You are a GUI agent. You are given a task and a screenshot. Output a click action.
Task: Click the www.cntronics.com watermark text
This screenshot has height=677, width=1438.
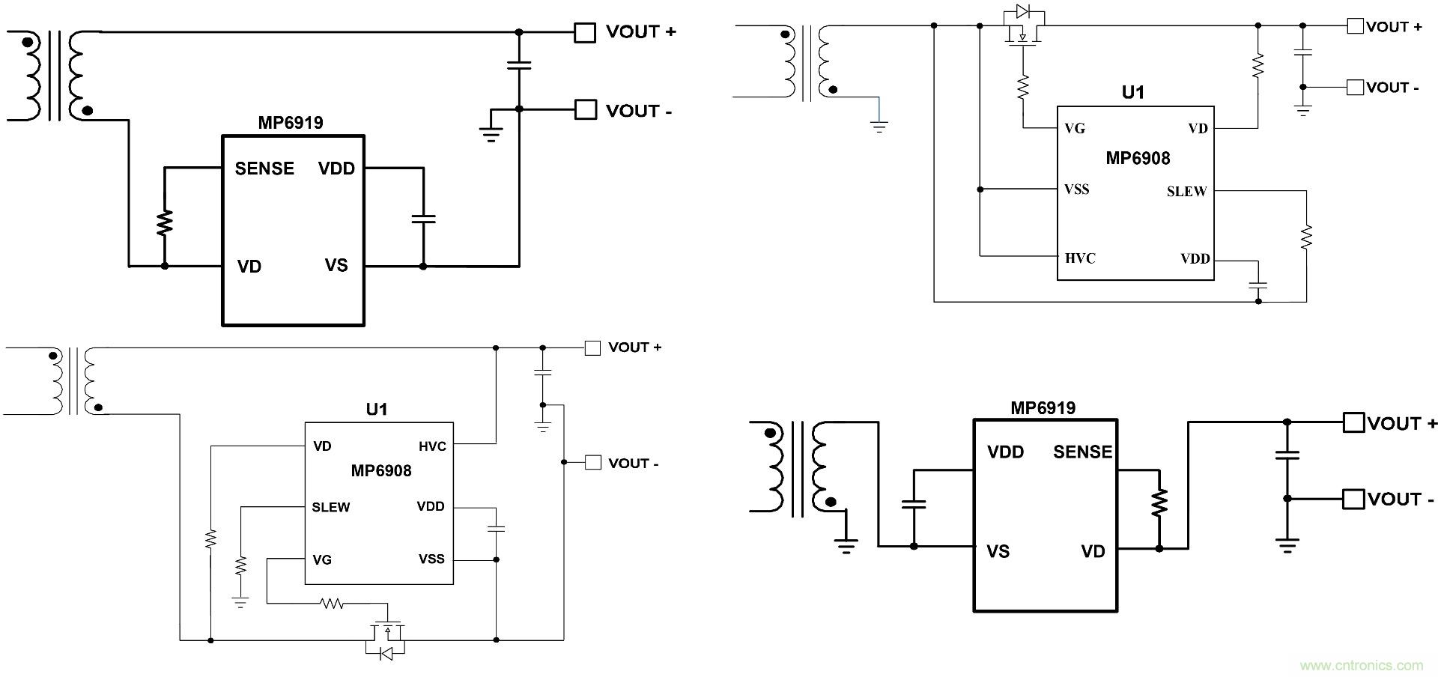tap(1361, 665)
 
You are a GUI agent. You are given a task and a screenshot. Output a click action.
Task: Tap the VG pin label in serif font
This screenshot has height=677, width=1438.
tap(1075, 129)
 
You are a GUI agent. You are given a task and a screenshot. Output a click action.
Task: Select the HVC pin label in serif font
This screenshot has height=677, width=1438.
tap(1080, 258)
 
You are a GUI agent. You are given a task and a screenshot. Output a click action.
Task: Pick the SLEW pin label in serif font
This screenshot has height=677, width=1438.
tap(1186, 192)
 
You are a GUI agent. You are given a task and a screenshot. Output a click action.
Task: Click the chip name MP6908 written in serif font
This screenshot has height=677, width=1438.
tap(1137, 158)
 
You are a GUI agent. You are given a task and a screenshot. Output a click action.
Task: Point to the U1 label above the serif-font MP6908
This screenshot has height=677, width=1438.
tap(1132, 93)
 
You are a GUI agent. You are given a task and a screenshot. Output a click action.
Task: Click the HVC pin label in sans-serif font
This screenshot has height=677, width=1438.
tap(432, 446)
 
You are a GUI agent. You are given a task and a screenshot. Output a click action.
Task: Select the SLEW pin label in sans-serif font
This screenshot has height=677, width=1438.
tap(330, 507)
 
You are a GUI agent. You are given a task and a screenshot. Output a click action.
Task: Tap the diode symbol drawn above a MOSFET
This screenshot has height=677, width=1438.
tap(1022, 12)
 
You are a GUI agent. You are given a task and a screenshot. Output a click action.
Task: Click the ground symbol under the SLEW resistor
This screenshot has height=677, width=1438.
tap(240, 601)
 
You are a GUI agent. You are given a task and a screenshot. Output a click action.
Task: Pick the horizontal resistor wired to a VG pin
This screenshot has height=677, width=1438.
tap(330, 602)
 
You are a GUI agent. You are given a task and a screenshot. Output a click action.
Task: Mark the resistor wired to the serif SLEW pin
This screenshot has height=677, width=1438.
tap(1306, 237)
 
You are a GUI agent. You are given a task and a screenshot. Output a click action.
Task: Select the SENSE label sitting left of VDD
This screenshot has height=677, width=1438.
tap(264, 169)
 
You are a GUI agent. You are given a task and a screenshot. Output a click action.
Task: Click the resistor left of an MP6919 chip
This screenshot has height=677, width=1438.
tap(165, 222)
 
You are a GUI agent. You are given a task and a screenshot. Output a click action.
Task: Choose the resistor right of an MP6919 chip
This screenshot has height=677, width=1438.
tap(1159, 503)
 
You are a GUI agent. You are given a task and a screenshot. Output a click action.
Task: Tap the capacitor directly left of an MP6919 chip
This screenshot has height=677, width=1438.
tap(914, 503)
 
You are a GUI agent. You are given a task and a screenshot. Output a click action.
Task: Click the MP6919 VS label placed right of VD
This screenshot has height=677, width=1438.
tap(336, 265)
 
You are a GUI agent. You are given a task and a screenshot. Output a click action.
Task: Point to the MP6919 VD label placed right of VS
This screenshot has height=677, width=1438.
tap(1093, 551)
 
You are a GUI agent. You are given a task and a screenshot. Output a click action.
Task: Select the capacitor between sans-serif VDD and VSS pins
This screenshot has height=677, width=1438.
tap(496, 529)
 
